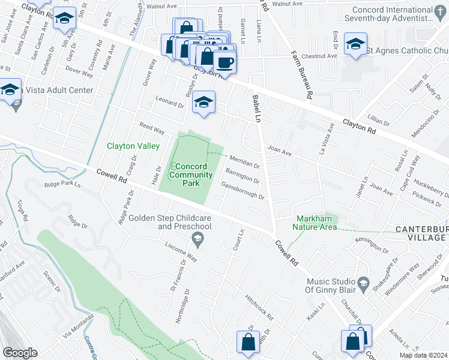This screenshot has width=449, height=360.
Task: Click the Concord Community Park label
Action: point(191,175)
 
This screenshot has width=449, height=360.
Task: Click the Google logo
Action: point(20,353)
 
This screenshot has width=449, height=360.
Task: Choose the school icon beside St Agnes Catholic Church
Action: point(355,44)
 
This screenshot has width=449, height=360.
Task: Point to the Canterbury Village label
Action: point(420,234)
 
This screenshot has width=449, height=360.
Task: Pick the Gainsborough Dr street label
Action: point(244,191)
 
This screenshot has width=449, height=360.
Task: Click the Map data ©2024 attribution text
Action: point(423,355)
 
